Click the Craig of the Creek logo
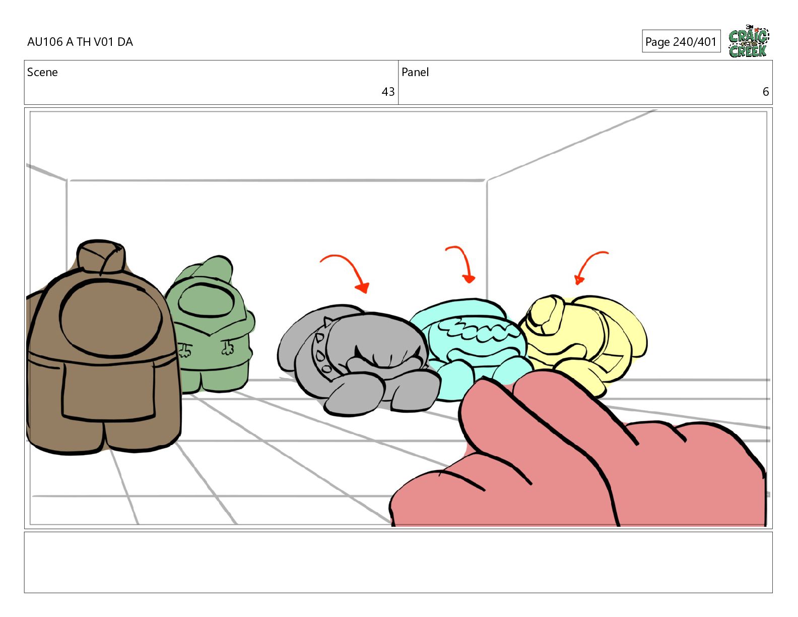click(x=749, y=41)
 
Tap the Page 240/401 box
click(x=681, y=41)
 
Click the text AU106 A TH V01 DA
click(x=80, y=42)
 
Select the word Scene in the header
click(x=42, y=72)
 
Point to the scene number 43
click(x=388, y=92)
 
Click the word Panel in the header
click(x=415, y=72)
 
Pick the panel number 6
click(x=766, y=92)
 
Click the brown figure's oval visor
click(x=110, y=318)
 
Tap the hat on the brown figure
click(x=101, y=257)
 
